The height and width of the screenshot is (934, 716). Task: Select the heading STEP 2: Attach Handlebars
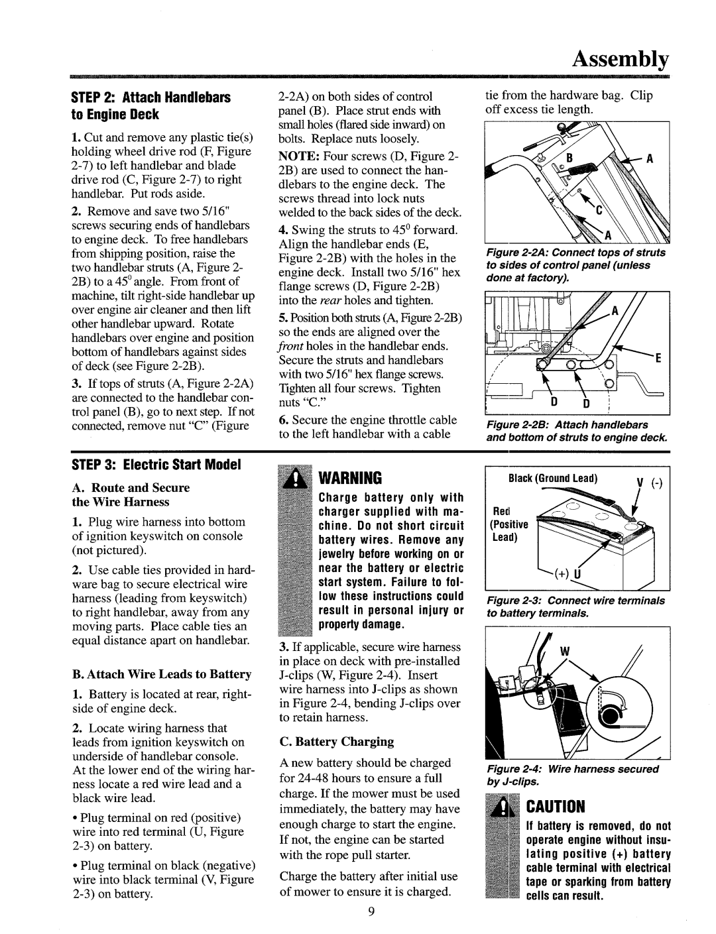163,98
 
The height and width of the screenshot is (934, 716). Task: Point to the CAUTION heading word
555,807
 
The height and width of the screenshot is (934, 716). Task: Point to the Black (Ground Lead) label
553,478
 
